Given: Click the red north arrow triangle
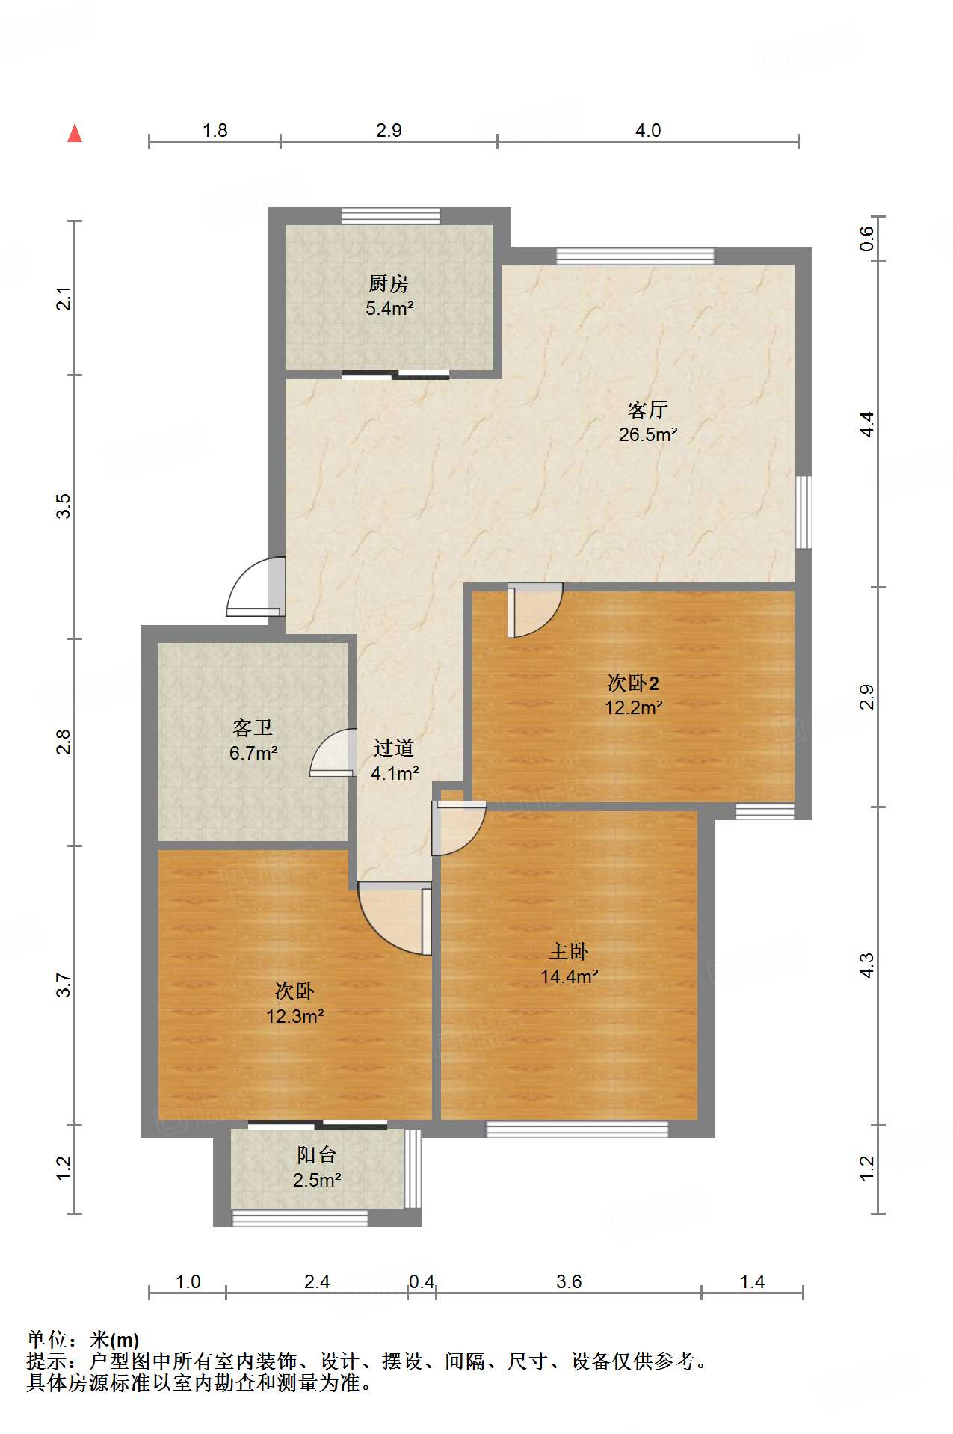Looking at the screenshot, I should pos(75,134).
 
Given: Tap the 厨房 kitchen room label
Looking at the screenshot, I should pos(388,284).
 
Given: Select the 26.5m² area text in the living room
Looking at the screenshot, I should pos(647,434).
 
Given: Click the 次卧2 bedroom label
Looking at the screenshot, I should pos(632,683).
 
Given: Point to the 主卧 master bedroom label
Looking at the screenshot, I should pos(568,951).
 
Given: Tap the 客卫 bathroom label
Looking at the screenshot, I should pos(253,727).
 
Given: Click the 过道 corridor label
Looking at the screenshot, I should pos(394,748).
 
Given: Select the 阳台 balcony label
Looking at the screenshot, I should pos(316,1155).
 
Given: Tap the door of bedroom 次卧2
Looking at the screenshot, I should pos(532,609).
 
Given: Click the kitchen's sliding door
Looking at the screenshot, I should pos(395,375).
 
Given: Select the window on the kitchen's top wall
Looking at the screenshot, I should pos(390,215).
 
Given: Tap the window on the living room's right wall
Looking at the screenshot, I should pos(804,512).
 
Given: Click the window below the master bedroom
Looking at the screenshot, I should pos(576,1129).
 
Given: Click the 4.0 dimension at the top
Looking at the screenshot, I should pos(647,130).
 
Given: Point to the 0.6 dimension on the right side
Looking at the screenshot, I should pos(866,239).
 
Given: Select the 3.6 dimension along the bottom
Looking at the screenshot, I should pos(568,1282).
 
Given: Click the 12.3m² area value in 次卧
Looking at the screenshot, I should pos(294,1016).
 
